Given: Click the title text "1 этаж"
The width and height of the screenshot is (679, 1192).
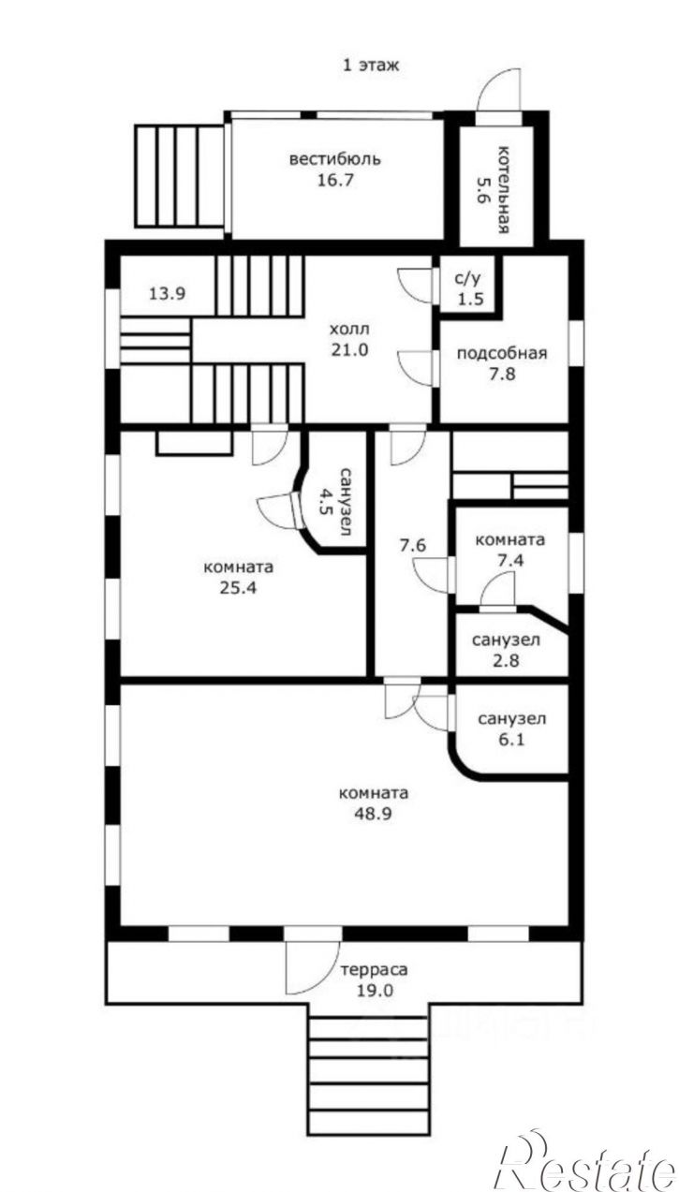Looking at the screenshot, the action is click(370, 66).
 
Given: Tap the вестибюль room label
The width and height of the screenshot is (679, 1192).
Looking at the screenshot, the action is click(335, 159).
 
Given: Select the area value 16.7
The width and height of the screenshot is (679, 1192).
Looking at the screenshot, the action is click(335, 180).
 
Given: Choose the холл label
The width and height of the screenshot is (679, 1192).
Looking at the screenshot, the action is click(349, 330).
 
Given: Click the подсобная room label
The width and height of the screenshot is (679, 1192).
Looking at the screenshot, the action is click(502, 353).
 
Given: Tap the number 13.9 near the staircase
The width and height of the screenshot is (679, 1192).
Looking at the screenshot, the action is click(167, 293).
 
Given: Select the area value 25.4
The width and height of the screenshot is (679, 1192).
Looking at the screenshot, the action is click(239, 588).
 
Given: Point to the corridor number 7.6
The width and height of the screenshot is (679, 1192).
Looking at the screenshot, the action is click(413, 546).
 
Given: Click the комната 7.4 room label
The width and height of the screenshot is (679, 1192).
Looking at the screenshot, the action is click(509, 551).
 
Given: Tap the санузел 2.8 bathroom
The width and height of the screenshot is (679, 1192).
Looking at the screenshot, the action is click(506, 650).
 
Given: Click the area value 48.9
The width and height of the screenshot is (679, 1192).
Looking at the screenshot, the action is click(374, 814).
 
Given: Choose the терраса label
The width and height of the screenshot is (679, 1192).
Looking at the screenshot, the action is click(374, 969).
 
